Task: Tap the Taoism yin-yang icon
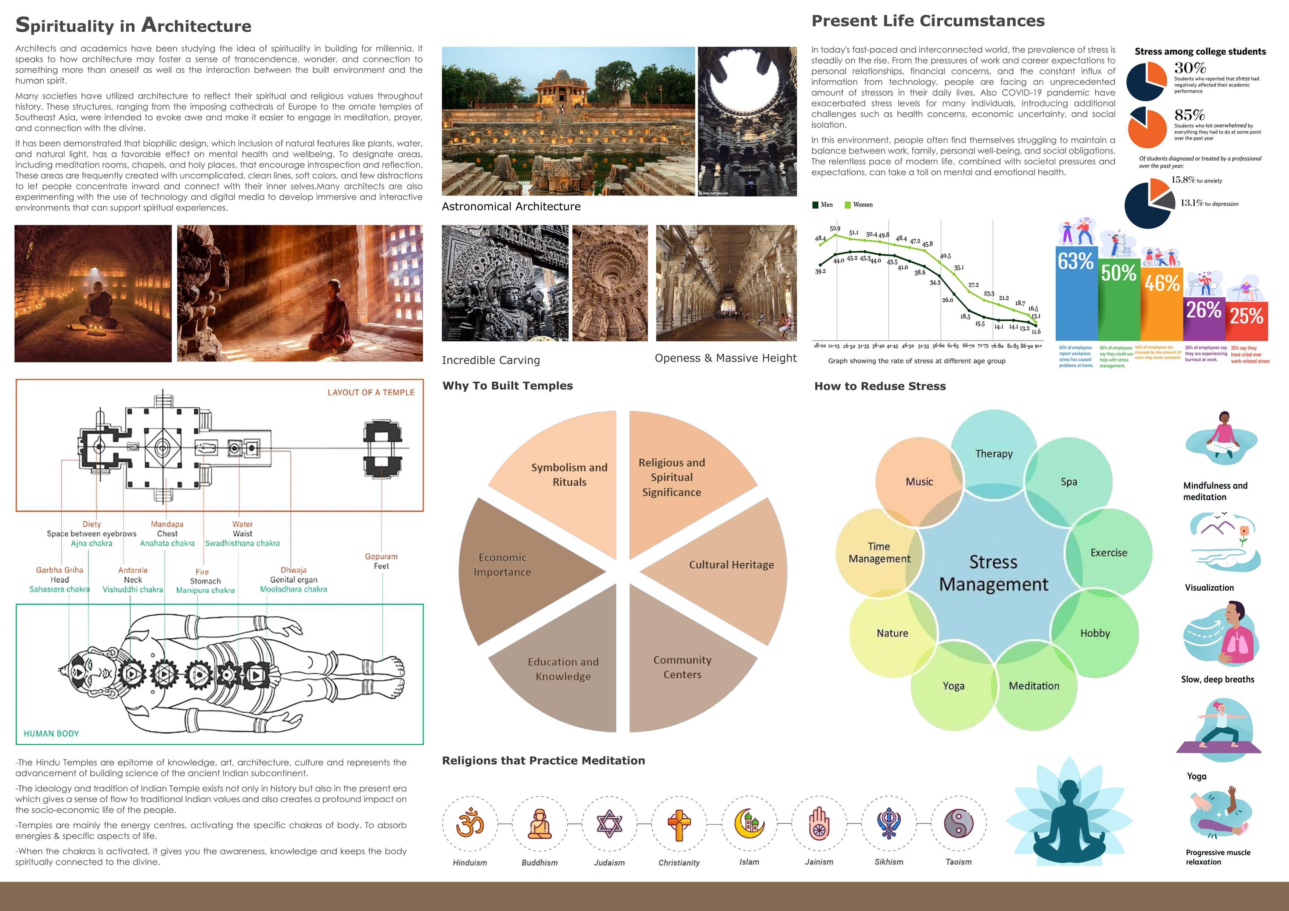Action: (958, 824)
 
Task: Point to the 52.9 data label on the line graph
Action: (835, 228)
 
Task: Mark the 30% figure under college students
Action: (1190, 68)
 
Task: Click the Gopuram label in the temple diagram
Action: (381, 556)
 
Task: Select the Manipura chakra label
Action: (205, 590)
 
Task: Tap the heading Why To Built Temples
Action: (507, 386)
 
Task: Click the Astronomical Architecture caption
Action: (511, 206)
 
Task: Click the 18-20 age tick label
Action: (820, 346)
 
